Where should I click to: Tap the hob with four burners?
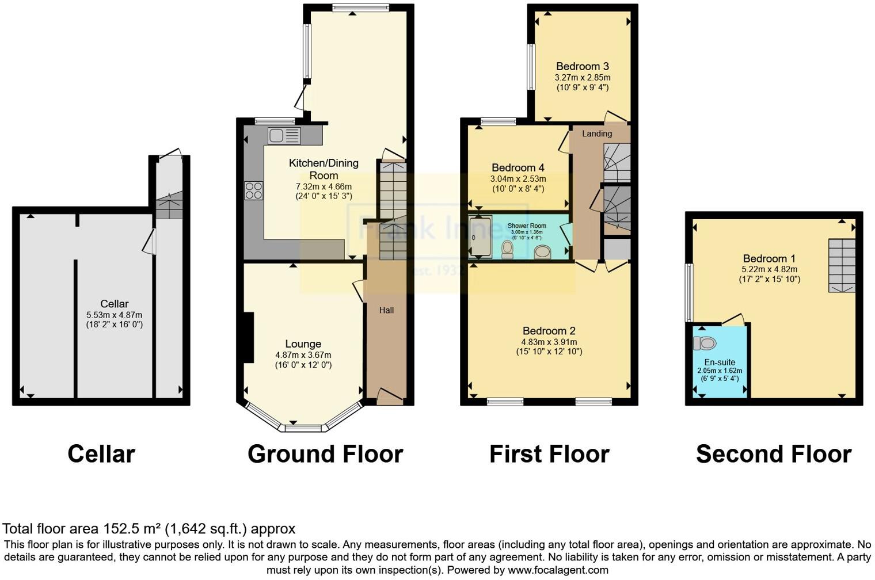click(x=254, y=190)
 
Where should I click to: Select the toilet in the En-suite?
click(x=705, y=344)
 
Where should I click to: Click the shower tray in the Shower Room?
click(x=480, y=236)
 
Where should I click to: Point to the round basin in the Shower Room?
click(x=542, y=252)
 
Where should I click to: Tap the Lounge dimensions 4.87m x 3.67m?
click(x=303, y=355)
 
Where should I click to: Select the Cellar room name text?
click(x=114, y=304)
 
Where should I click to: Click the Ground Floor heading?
click(x=325, y=454)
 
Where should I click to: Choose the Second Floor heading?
click(x=773, y=454)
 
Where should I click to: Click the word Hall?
click(x=386, y=310)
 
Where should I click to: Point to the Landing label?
click(x=597, y=133)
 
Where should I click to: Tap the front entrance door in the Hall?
click(x=390, y=396)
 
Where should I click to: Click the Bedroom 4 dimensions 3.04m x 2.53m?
click(x=518, y=178)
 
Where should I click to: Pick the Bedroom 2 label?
click(x=549, y=331)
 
